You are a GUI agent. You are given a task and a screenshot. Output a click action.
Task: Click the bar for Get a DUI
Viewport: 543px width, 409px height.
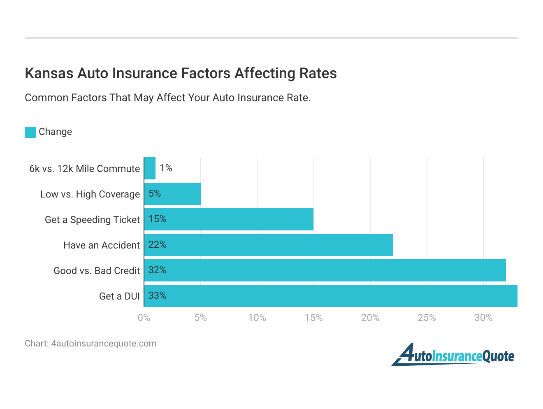(x=331, y=296)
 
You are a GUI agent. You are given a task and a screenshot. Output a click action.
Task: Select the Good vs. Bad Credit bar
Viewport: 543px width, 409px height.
(x=325, y=270)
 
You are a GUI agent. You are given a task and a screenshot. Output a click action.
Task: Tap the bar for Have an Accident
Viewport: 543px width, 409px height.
(x=269, y=245)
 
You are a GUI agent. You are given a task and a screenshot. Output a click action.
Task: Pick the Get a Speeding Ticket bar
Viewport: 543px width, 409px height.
(x=229, y=219)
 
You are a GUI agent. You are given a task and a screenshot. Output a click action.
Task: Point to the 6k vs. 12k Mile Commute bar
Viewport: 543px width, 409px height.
(x=150, y=168)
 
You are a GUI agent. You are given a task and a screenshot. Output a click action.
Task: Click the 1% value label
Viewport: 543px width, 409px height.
(x=166, y=168)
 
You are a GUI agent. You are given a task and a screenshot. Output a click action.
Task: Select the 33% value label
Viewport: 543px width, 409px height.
(x=157, y=295)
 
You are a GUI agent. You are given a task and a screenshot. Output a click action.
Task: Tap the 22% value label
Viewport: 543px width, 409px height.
(x=157, y=244)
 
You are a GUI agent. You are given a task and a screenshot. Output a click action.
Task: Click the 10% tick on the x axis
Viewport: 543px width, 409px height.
(x=257, y=318)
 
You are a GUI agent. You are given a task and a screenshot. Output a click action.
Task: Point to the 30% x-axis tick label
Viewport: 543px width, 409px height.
(x=483, y=318)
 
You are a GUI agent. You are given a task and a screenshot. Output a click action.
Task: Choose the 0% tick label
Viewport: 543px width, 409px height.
(x=144, y=318)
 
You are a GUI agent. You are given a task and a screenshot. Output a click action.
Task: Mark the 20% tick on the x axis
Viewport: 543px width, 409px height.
(x=370, y=318)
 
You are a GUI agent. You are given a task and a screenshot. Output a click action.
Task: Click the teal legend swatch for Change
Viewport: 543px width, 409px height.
(x=30, y=132)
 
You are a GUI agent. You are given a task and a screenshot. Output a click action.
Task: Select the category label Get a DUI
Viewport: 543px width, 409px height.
(x=119, y=296)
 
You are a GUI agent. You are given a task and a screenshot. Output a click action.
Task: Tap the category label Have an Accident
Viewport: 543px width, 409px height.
(x=101, y=245)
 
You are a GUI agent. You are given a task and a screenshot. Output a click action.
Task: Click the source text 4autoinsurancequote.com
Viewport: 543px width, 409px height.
(x=104, y=344)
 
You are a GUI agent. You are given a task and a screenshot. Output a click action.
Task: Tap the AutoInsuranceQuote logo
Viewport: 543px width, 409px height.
(x=452, y=355)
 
